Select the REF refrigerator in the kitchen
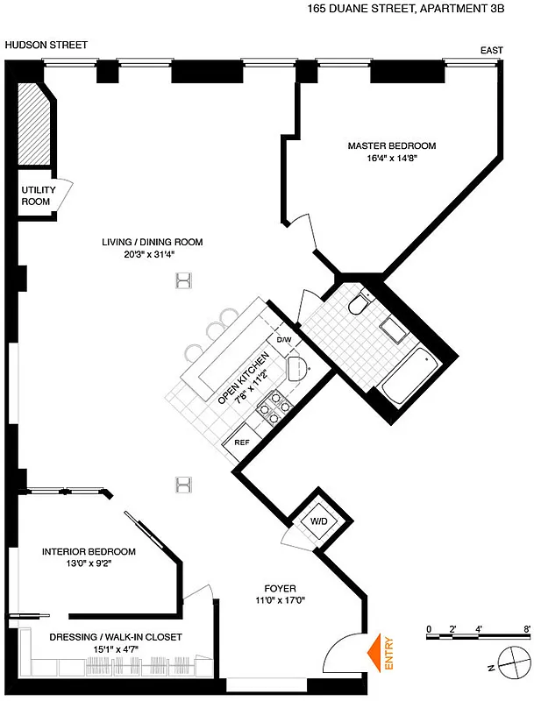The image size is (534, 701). (x=242, y=443)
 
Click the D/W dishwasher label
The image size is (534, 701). (x=283, y=339)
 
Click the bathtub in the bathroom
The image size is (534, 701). (x=411, y=374)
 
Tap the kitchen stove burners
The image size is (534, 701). (x=274, y=407)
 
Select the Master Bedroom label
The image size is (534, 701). (x=390, y=145)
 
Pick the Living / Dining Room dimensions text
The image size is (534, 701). (x=151, y=255)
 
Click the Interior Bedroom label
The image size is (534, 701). (x=89, y=551)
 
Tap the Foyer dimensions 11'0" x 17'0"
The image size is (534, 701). (x=280, y=602)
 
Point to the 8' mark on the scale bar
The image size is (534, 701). (x=526, y=629)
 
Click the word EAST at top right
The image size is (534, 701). (x=491, y=51)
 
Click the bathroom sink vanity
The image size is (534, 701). (x=391, y=329)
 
